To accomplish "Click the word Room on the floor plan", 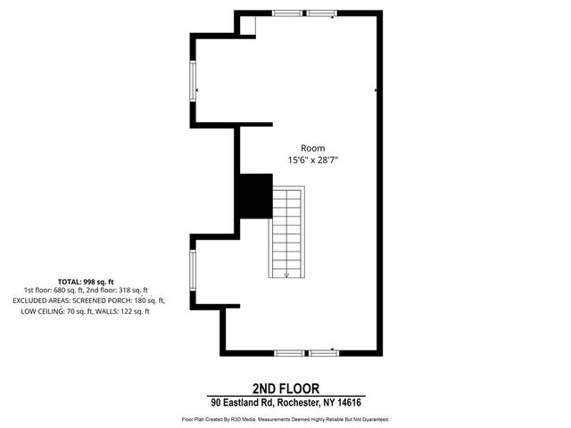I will pyautogui.click(x=312, y=148).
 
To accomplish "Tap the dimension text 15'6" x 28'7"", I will pyautogui.click(x=312, y=160).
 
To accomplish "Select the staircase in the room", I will pyautogui.click(x=287, y=231).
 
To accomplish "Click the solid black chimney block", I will pyautogui.click(x=254, y=195).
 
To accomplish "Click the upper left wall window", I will pyautogui.click(x=194, y=81).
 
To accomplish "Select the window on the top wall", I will pyautogui.click(x=304, y=13).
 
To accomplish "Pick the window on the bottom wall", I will pyautogui.click(x=306, y=353).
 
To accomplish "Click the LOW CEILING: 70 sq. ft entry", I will pyautogui.click(x=58, y=311).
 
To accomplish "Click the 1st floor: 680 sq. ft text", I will pyautogui.click(x=55, y=291).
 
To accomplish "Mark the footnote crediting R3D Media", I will pyautogui.click(x=285, y=418).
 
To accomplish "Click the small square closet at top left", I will pyautogui.click(x=245, y=24).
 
